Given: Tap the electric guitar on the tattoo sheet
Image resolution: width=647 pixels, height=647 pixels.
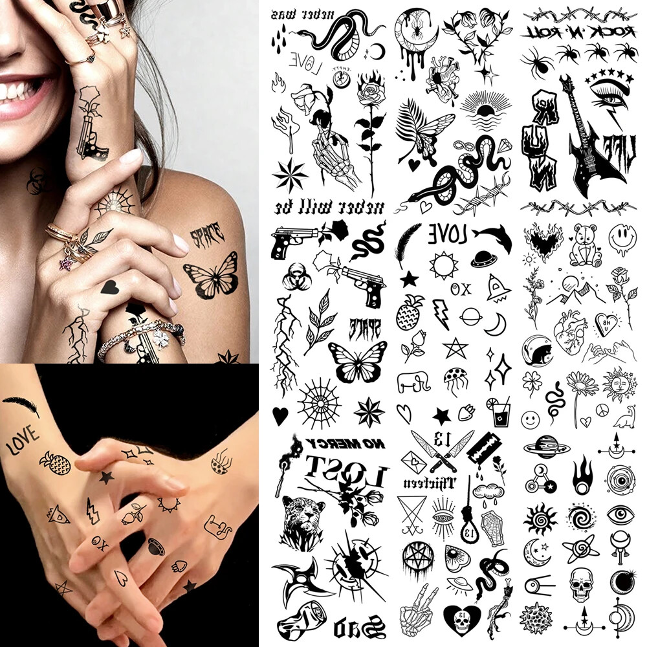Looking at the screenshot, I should [x=587, y=142].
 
